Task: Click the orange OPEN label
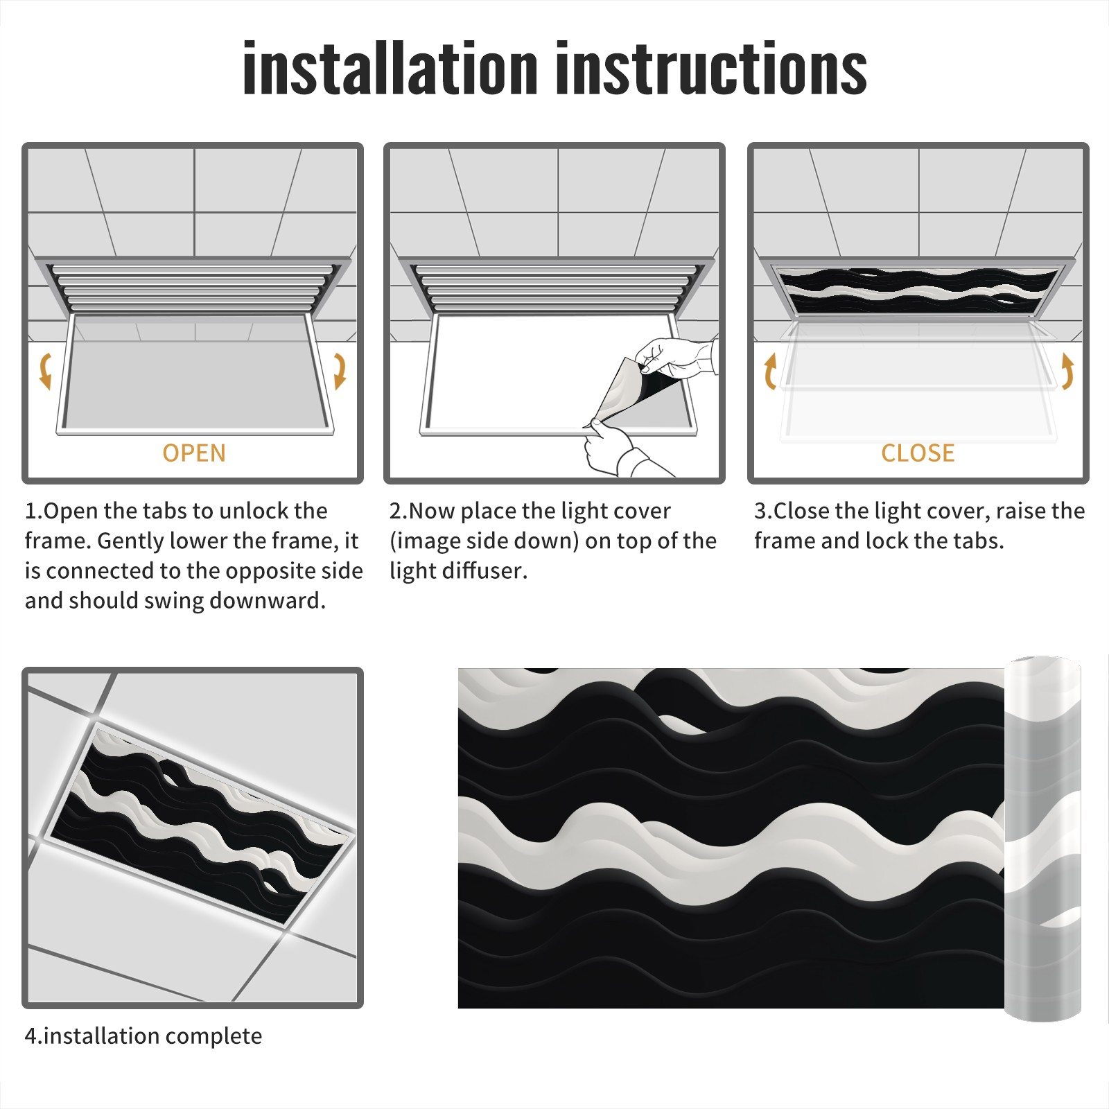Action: [x=194, y=453]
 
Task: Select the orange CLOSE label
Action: [x=918, y=453]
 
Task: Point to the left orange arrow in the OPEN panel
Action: [x=45, y=371]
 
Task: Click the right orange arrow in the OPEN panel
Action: [x=340, y=371]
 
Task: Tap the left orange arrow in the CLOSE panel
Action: [x=770, y=371]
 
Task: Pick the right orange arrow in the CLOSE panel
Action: [x=1067, y=371]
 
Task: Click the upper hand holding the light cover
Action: [x=676, y=358]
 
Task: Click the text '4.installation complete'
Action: [x=143, y=1036]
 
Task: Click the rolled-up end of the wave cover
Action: [x=1042, y=839]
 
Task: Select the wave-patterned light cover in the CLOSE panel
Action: [x=918, y=290]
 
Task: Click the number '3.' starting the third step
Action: [x=763, y=511]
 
